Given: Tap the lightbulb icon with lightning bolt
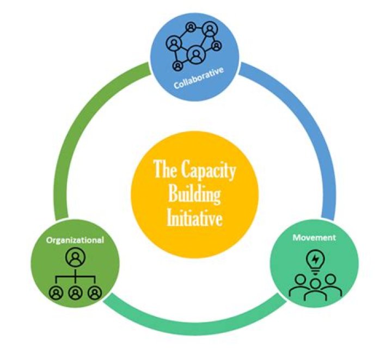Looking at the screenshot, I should pyautogui.click(x=314, y=259).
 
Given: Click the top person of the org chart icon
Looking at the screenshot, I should pyautogui.click(x=75, y=256).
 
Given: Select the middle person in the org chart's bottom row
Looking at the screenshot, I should pyautogui.click(x=75, y=293).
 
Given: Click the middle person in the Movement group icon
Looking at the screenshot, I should pyautogui.click(x=314, y=288).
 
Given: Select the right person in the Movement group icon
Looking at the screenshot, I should pyautogui.click(x=330, y=283).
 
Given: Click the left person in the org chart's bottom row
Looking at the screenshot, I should pyautogui.click(x=56, y=293).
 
